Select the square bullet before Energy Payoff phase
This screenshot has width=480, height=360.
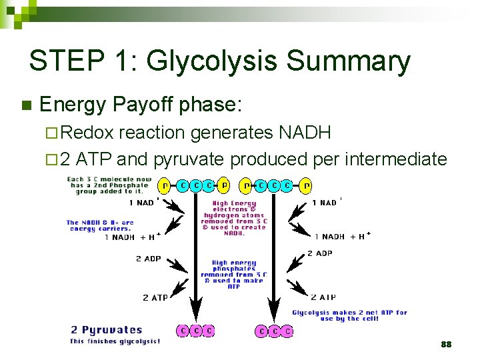click(27, 105)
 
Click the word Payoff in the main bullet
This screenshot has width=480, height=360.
click(145, 105)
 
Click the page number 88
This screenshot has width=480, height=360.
click(446, 344)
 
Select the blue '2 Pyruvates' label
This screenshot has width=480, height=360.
click(107, 329)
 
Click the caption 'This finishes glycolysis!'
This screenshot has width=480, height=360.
click(115, 341)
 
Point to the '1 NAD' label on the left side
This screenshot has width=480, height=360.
click(141, 203)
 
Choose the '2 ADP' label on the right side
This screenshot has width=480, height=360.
click(319, 253)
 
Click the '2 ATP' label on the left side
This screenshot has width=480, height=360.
click(155, 297)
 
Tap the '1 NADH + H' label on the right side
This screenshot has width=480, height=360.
click(341, 237)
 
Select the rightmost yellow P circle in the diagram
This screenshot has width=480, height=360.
click(306, 185)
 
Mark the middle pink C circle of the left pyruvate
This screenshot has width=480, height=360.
click(196, 331)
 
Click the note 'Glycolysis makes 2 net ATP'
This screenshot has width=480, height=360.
click(349, 315)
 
